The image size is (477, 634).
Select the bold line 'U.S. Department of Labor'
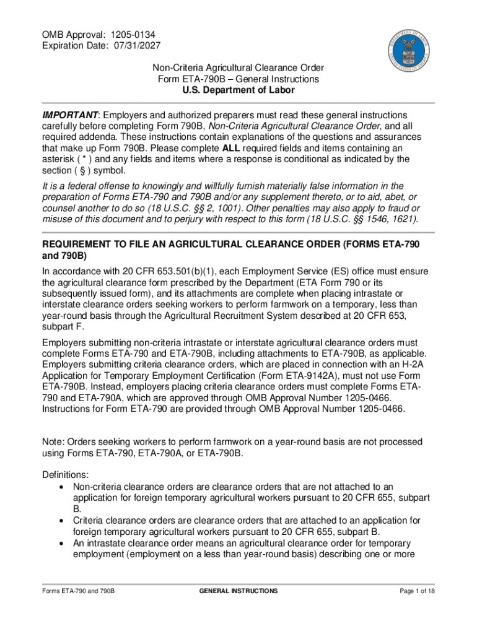pos(239,90)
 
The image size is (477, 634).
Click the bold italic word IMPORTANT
pos(70,115)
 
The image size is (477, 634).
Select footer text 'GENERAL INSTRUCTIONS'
pos(239,591)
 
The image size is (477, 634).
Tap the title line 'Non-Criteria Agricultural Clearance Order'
pos(239,68)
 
